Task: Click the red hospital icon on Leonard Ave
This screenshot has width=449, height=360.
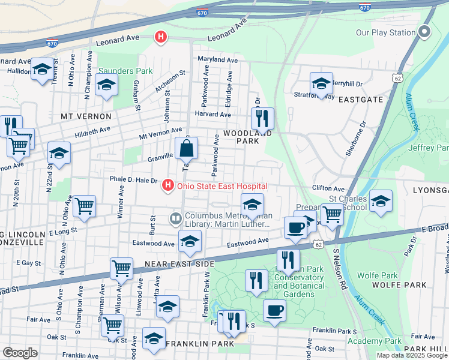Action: click(160, 37)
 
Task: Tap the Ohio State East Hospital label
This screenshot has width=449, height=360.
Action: click(221, 187)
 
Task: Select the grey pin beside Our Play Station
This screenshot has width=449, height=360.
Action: click(425, 32)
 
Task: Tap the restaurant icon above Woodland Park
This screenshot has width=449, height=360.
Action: click(262, 118)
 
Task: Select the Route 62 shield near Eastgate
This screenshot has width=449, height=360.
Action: click(398, 78)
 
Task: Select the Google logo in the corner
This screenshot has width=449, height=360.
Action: click(20, 353)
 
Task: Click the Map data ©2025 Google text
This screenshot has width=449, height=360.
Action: click(412, 355)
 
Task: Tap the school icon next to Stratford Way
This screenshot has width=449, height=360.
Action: click(321, 83)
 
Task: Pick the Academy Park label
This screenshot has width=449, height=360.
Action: click(382, 341)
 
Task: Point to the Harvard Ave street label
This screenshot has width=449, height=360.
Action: click(212, 114)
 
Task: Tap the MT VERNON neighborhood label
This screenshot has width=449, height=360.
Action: click(86, 116)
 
